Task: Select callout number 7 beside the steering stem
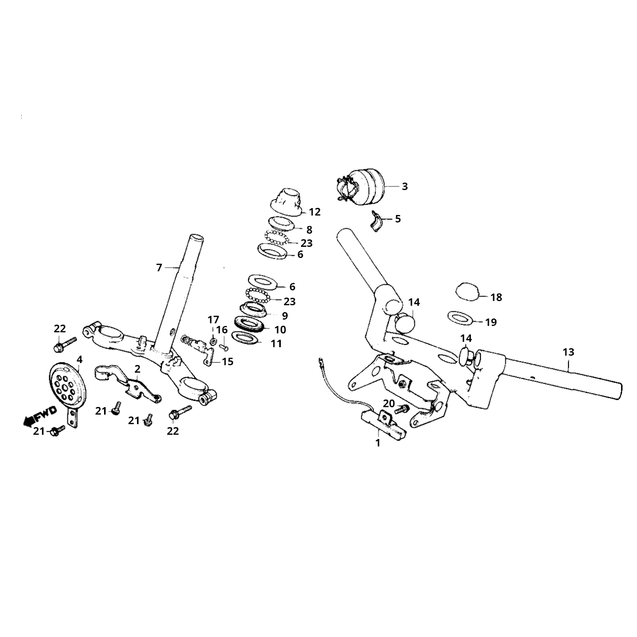click(x=159, y=268)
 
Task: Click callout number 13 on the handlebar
click(x=568, y=352)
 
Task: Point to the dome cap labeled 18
click(x=467, y=291)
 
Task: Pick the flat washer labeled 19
click(x=462, y=318)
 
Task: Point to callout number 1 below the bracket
click(x=378, y=442)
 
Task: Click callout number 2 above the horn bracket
click(x=137, y=368)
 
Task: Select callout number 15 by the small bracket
click(x=227, y=361)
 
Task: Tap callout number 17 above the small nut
click(x=213, y=320)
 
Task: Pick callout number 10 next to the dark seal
click(x=280, y=329)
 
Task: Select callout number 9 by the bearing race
click(x=285, y=315)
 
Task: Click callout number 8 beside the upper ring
click(x=309, y=229)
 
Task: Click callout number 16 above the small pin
click(x=222, y=330)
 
